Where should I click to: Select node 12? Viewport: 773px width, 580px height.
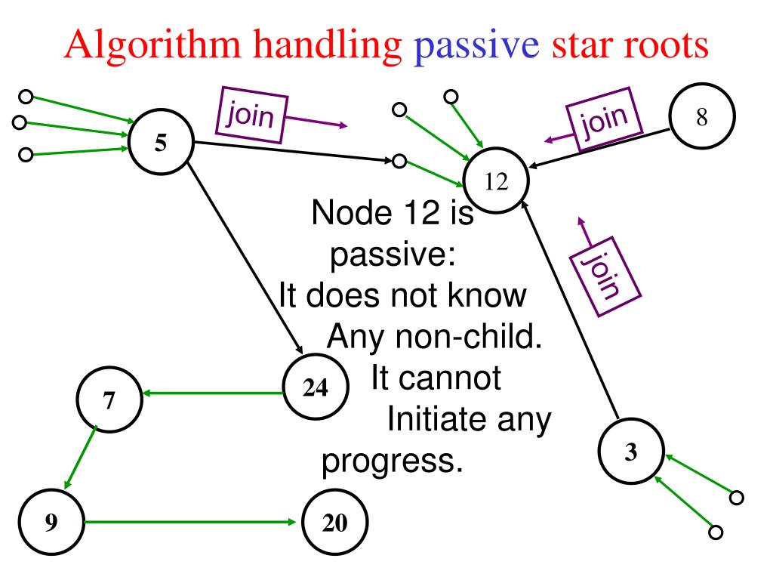[x=496, y=183]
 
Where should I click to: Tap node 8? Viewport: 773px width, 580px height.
[x=701, y=119]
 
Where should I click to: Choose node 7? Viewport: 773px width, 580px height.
[x=109, y=401]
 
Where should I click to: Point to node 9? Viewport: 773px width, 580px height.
[x=51, y=523]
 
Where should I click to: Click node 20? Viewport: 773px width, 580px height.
[x=334, y=523]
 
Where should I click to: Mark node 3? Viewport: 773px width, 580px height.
[x=631, y=452]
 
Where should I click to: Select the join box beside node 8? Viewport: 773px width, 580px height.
[x=605, y=121]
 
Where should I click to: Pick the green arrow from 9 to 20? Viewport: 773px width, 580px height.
[x=189, y=522]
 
